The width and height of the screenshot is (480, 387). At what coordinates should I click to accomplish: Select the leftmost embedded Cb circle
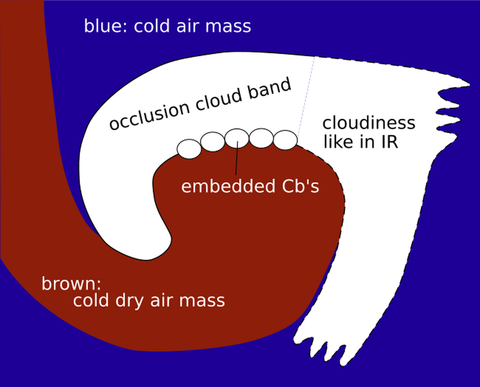coord(189,149)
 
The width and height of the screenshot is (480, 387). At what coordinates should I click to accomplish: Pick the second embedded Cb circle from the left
coord(212,141)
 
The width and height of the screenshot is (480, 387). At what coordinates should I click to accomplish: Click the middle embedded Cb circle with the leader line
coord(237,138)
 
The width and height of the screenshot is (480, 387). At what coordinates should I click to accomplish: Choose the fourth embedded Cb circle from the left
coord(261,138)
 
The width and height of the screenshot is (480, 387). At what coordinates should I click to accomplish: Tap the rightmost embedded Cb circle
coord(285,140)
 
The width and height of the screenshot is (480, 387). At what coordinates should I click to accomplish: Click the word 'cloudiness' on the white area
coord(368,123)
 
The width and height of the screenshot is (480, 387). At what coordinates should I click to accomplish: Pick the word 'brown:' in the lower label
coord(71,284)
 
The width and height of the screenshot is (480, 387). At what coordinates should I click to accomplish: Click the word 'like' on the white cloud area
coord(337,141)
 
